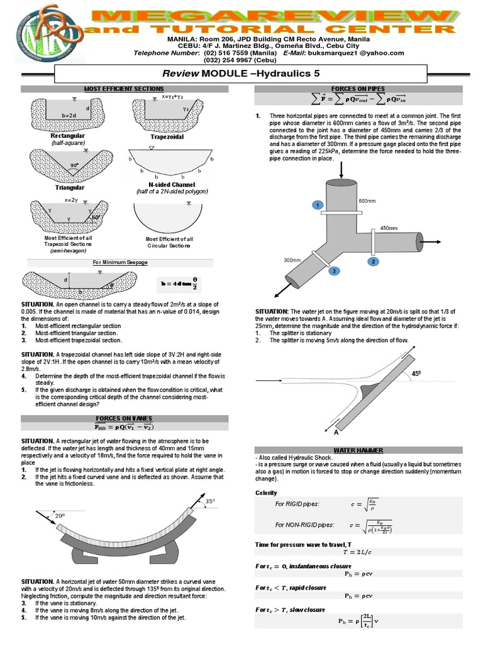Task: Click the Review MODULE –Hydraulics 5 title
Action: tap(241, 74)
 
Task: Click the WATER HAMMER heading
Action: tap(357, 451)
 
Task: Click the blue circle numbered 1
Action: tap(318, 206)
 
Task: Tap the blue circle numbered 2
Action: tap(373, 261)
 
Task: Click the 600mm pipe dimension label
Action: tap(366, 201)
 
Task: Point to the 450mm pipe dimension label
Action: tap(389, 229)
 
